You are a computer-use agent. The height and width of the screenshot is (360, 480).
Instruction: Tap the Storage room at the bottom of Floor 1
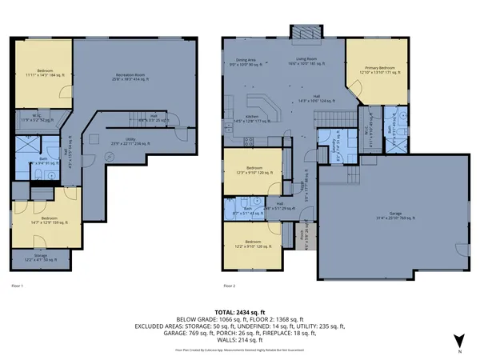coord(41,259)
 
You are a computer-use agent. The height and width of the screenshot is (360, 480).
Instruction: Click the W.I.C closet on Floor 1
coord(42,118)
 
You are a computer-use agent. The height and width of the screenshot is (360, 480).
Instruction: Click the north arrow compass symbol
coord(458,341)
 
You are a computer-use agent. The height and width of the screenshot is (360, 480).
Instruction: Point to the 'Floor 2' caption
coord(231,285)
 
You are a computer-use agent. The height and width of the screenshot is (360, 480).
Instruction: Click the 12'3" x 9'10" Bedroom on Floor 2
coord(254,170)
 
